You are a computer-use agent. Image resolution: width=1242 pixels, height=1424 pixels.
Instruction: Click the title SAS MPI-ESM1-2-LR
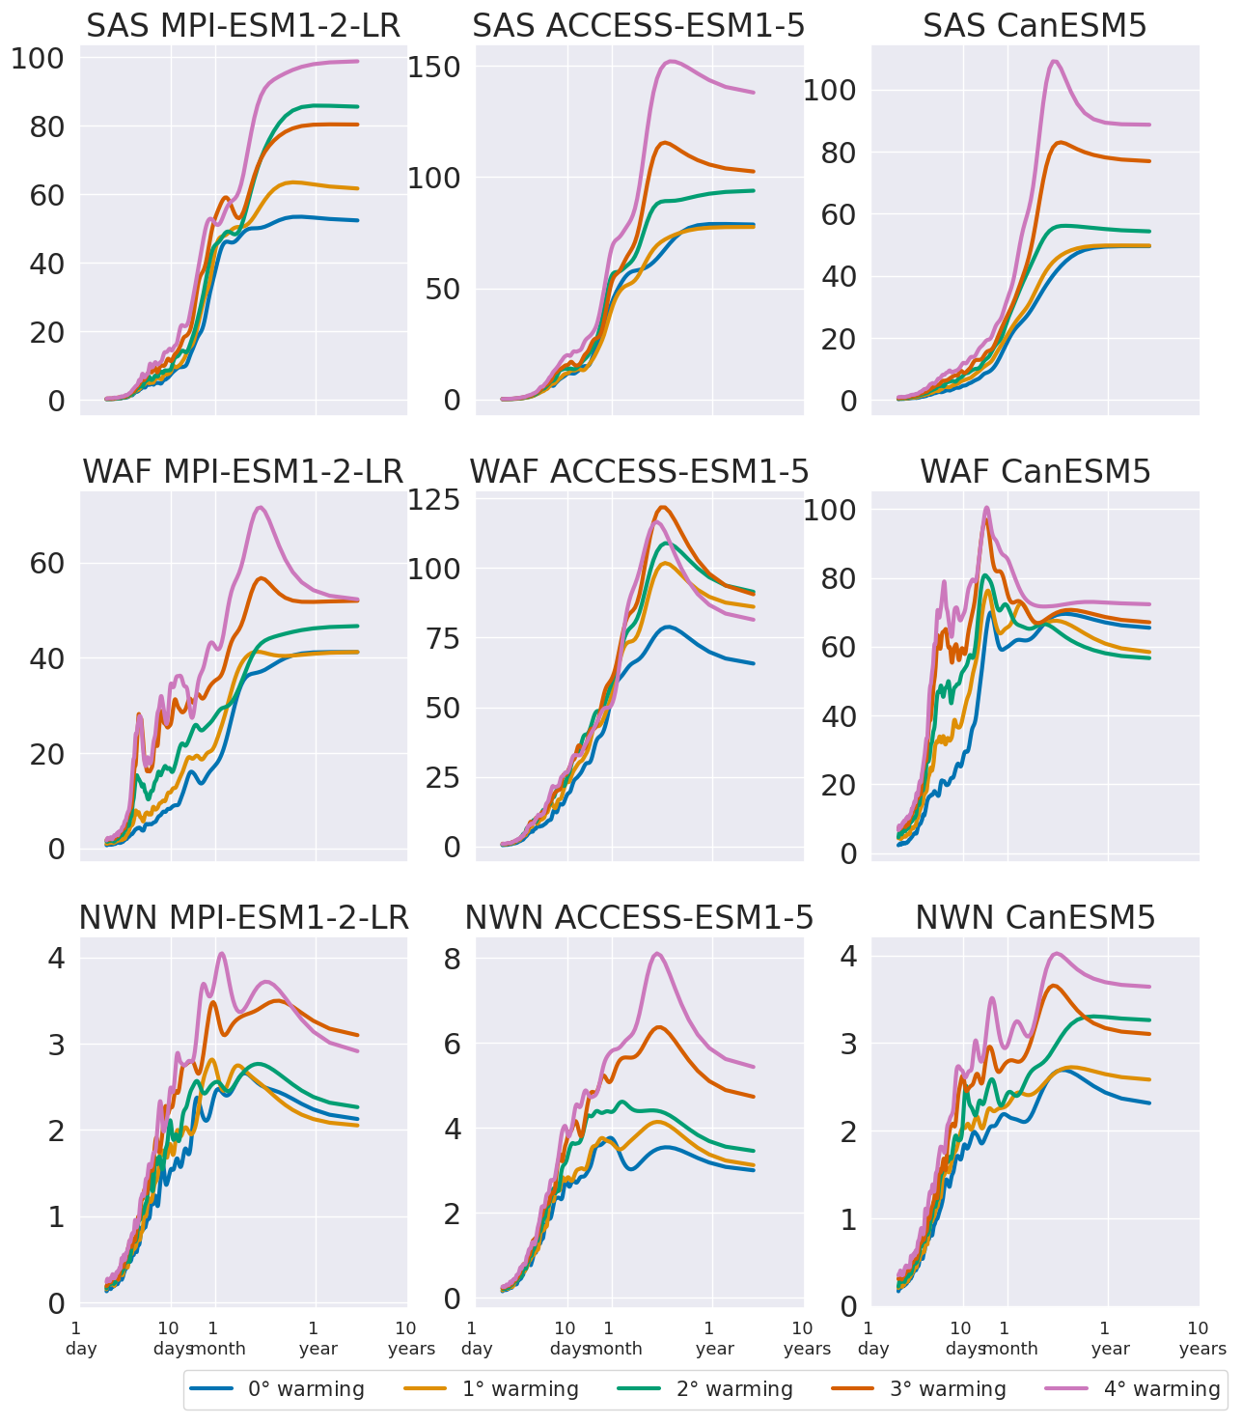243,26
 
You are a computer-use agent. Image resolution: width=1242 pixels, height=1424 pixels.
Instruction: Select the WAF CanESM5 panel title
1035,471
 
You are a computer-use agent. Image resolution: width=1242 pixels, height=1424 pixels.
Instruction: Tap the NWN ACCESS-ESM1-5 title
639,917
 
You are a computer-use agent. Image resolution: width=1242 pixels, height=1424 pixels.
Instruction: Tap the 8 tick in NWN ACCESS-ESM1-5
453,959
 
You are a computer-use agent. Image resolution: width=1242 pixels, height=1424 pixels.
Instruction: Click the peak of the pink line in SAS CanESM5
1054,62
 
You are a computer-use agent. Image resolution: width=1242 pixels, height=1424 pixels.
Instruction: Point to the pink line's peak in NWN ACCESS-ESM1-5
657,954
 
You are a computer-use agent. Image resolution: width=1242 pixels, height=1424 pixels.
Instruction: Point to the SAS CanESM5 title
1035,26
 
